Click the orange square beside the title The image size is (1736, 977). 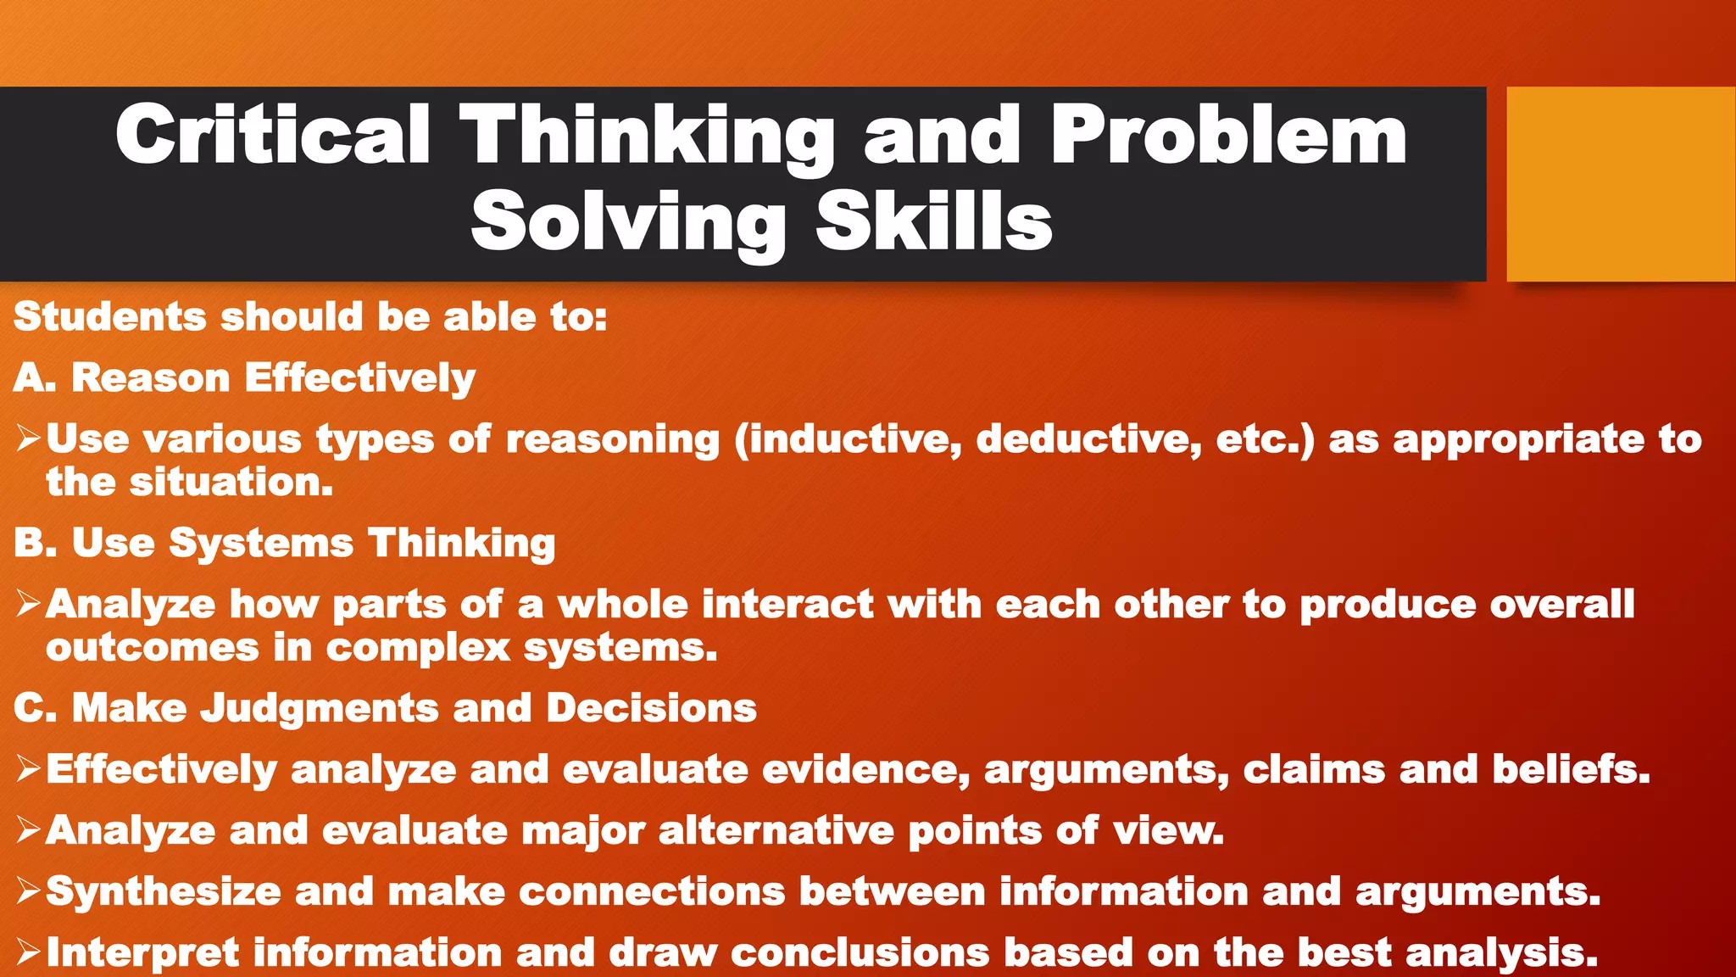[1620, 183]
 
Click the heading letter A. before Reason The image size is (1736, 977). [35, 377]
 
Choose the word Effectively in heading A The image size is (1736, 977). [359, 378]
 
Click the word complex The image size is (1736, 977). [418, 648]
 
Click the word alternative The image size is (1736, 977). [776, 830]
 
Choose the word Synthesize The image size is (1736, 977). [163, 892]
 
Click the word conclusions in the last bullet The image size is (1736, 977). [860, 952]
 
